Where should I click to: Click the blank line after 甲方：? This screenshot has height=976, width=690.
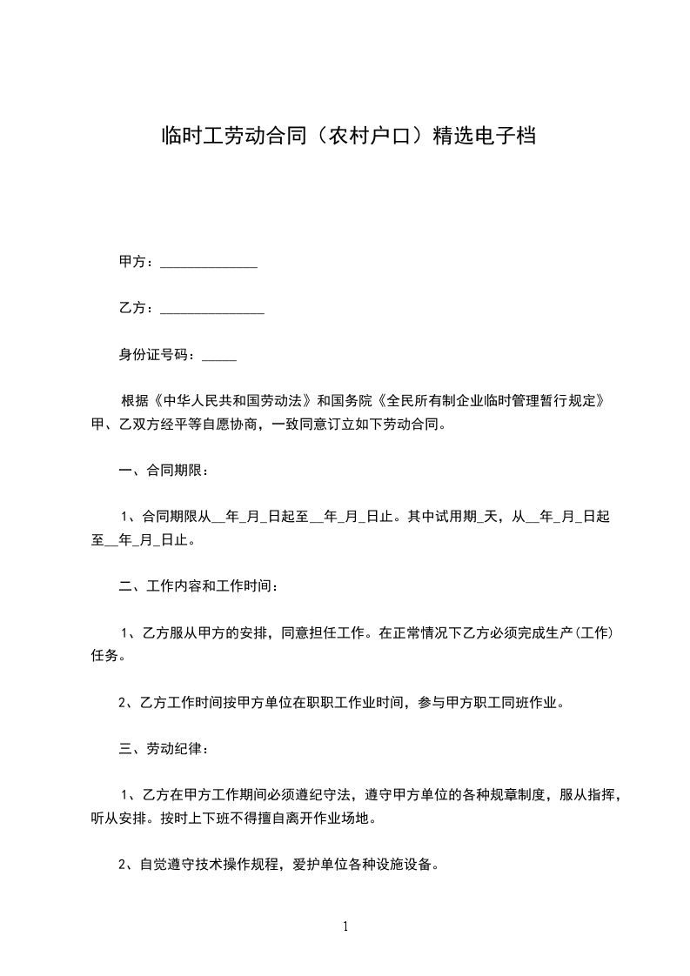(x=209, y=263)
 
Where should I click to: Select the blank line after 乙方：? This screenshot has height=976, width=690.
(x=212, y=309)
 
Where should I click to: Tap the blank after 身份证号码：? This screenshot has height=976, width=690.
(x=219, y=356)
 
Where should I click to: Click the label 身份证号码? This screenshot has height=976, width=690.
(x=155, y=355)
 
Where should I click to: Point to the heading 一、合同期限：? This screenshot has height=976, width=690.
(x=163, y=471)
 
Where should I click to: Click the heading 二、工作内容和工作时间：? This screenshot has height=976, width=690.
(x=198, y=587)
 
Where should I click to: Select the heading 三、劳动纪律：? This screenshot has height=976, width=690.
(x=163, y=749)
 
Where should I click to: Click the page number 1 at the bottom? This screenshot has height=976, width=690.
(x=345, y=927)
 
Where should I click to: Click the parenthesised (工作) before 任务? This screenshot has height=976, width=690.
(x=593, y=633)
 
